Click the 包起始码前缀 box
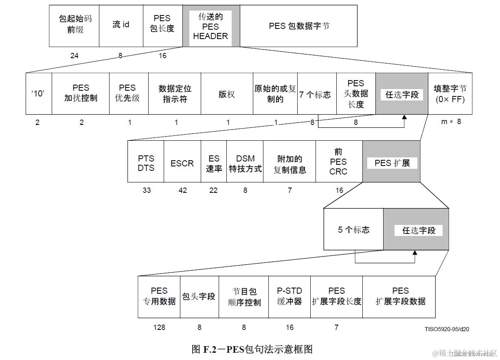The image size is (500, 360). click(x=74, y=26)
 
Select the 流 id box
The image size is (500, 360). click(x=121, y=26)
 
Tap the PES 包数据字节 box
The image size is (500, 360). click(x=298, y=26)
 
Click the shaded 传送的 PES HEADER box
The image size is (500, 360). click(x=211, y=26)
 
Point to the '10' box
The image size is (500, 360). click(x=39, y=94)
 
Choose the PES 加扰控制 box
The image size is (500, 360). click(x=81, y=94)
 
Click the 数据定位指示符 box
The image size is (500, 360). click(x=175, y=94)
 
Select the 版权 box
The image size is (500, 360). click(x=227, y=94)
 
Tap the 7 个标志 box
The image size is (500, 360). click(x=317, y=94)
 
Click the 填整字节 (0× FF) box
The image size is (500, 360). click(x=450, y=94)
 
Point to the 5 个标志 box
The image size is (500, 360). click(x=353, y=229)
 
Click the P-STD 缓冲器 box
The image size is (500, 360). click(x=289, y=297)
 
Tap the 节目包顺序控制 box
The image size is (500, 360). click(x=244, y=297)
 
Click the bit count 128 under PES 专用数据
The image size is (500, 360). click(x=159, y=327)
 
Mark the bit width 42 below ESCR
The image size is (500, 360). click(x=183, y=190)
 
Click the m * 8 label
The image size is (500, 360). click(x=451, y=121)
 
